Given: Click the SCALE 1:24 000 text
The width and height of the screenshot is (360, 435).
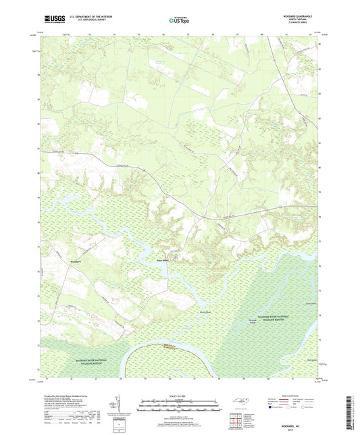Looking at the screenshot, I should tap(179, 396).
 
